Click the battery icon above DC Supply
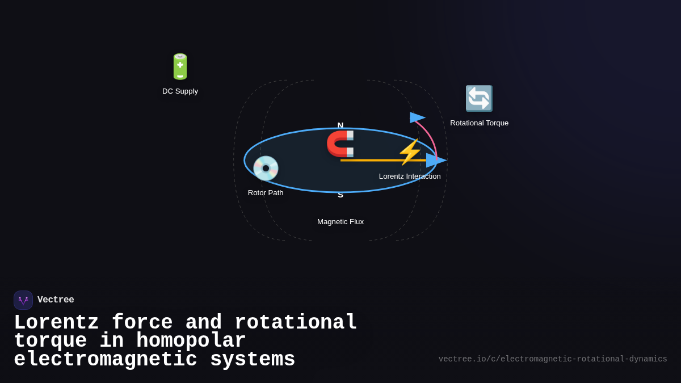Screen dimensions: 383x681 click(x=180, y=66)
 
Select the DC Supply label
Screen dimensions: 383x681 click(x=180, y=91)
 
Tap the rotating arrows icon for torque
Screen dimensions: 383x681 click(x=479, y=98)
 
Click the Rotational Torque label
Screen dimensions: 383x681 click(x=479, y=123)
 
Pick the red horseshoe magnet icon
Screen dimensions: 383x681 click(x=340, y=144)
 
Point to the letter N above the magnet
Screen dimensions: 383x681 click(x=340, y=125)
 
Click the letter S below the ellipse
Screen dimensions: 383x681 click(x=340, y=195)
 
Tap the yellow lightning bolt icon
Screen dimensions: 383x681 click(x=410, y=151)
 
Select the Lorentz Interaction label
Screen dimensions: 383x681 click(x=410, y=176)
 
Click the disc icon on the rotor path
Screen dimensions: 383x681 click(x=266, y=168)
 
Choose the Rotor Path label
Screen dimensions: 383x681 click(x=266, y=193)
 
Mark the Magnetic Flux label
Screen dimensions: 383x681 click(x=340, y=222)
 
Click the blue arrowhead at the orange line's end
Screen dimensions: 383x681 click(x=436, y=160)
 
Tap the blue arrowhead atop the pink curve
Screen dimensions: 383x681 click(x=417, y=117)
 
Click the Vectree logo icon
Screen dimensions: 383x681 click(x=23, y=300)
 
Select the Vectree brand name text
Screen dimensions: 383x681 click(x=56, y=300)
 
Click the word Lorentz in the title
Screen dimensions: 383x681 click(x=56, y=323)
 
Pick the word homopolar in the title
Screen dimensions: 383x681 click(x=191, y=341)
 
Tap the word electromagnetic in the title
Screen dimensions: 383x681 click(x=106, y=360)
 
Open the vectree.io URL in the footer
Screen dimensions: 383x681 click(x=552, y=359)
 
